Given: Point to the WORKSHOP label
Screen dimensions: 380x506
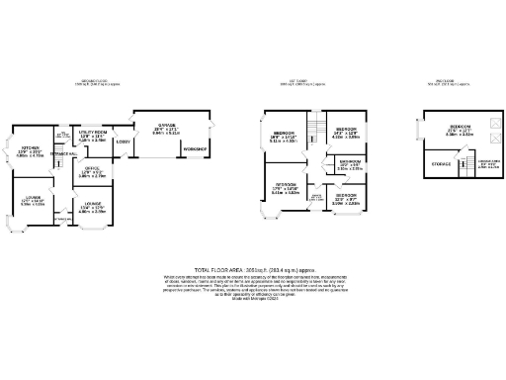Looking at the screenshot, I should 194,148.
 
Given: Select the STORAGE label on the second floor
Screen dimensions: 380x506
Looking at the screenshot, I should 441,163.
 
